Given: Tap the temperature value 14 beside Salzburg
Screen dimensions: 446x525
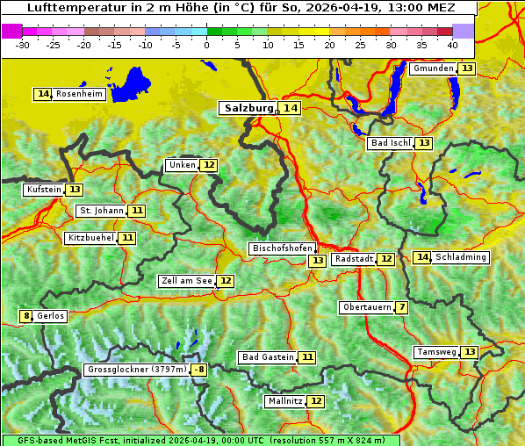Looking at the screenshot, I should (291, 108).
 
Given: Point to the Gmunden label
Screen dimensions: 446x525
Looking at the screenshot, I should (433, 68).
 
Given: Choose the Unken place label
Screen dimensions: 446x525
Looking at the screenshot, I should (182, 165).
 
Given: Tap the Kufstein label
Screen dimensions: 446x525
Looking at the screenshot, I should (44, 190).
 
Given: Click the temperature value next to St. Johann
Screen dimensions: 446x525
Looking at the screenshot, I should (138, 211).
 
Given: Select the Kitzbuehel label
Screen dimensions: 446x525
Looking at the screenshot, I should (91, 238).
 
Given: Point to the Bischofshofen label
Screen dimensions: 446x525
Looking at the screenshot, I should (282, 248).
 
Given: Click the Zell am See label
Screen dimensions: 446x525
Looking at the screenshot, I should (187, 281).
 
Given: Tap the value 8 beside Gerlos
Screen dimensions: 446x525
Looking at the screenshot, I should (26, 316).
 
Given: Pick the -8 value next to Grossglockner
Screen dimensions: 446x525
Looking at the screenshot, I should (200, 370).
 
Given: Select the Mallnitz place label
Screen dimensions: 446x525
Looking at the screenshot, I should (284, 401).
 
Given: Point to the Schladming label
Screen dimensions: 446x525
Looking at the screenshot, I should (461, 257).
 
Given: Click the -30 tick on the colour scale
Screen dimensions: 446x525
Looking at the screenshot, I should (23, 44).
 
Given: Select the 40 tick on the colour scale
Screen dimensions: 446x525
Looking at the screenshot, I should (452, 44).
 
